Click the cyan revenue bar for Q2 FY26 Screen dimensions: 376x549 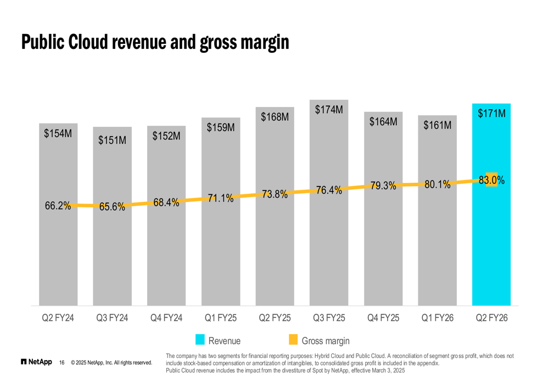[x=491, y=247]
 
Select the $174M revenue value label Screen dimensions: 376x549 [x=329, y=110]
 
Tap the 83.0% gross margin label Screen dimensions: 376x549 [x=491, y=180]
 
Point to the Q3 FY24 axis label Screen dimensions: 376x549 [x=112, y=318]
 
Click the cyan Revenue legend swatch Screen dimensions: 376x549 [x=200, y=340]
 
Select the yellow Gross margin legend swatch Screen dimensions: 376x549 [x=293, y=340]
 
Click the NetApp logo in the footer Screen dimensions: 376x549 [x=36, y=362]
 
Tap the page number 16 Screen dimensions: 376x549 [x=62, y=362]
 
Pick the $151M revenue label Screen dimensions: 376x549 [x=112, y=140]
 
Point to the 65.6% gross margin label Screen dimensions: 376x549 [x=112, y=207]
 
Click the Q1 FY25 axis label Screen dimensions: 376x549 [x=220, y=318]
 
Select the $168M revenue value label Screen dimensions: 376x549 [x=274, y=117]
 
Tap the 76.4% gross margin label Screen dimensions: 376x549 [x=329, y=190]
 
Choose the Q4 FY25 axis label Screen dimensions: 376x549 [x=383, y=318]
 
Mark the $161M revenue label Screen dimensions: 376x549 [x=437, y=126]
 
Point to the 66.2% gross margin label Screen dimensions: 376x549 [x=58, y=206]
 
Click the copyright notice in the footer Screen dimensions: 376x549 [x=111, y=362]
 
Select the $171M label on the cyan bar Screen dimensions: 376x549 [x=491, y=114]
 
